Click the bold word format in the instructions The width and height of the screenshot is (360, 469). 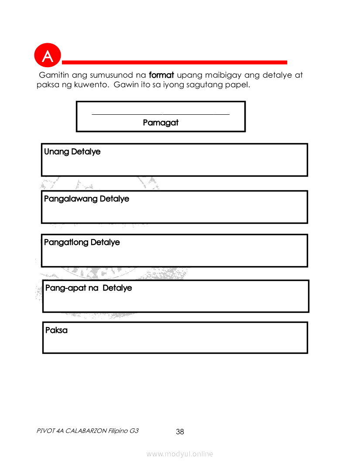[161, 75]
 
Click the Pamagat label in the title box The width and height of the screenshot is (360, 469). [161, 123]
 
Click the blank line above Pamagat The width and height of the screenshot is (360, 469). [161, 114]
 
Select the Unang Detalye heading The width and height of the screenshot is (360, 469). [72, 152]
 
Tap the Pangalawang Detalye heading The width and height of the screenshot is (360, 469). [87, 199]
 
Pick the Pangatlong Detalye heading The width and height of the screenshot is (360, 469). [82, 243]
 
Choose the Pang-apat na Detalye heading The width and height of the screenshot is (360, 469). [89, 288]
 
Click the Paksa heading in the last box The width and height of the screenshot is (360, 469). [57, 331]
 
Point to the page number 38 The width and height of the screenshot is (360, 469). [180, 432]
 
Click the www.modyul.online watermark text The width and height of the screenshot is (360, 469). [180, 454]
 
